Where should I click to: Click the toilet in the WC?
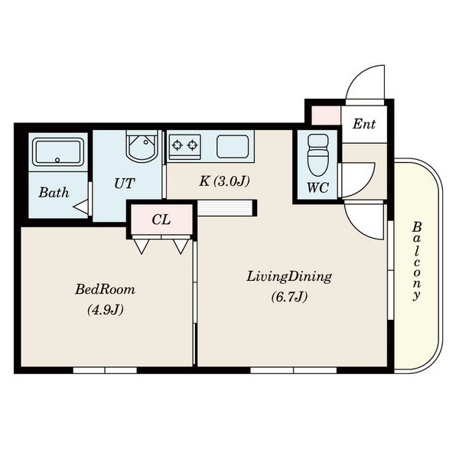tap(318, 155)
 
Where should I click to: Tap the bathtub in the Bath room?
tap(58, 152)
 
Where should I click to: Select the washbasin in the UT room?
tap(142, 146)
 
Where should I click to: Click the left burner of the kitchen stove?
tap(177, 145)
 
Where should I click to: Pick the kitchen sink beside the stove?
tap(233, 146)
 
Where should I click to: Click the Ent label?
tap(364, 124)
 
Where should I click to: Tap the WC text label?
tap(318, 187)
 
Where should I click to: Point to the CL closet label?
tap(161, 220)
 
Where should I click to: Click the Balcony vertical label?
tap(417, 262)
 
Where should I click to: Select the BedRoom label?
tap(106, 289)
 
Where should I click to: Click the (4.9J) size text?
tap(106, 310)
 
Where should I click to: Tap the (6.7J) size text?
tap(289, 297)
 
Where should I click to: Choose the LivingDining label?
tap(289, 277)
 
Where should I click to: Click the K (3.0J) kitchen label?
tap(224, 181)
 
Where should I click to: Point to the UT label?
tap(124, 184)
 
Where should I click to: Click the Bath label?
tap(54, 193)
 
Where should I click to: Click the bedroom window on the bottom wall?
tap(105, 370)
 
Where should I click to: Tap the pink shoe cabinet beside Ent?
tap(326, 116)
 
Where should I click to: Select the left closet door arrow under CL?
tap(142, 246)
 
